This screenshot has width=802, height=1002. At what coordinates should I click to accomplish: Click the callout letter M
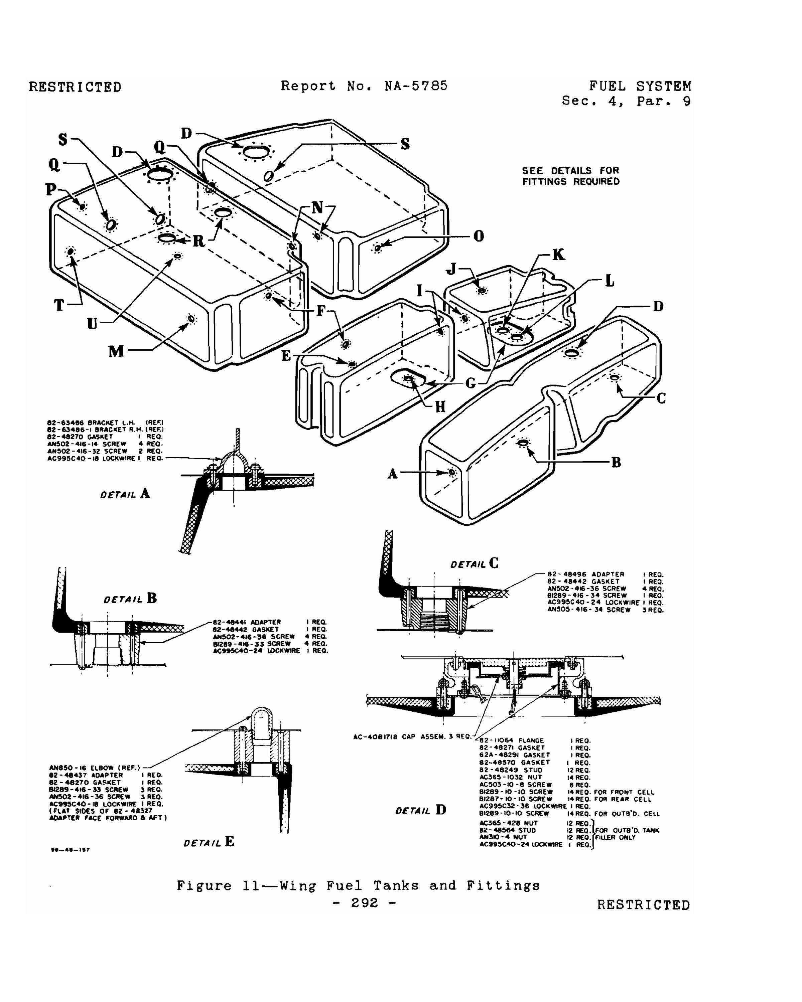click(116, 351)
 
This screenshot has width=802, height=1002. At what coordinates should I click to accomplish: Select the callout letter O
click(479, 236)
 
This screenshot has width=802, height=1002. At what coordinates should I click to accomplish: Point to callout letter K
click(558, 255)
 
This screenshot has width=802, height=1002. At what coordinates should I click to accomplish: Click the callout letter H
click(440, 407)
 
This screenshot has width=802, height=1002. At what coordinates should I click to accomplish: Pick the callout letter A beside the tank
click(393, 474)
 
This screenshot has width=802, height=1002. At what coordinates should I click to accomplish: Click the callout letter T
click(59, 305)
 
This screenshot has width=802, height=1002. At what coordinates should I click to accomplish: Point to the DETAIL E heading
click(209, 842)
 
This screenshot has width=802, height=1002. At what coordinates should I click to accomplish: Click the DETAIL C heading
click(474, 564)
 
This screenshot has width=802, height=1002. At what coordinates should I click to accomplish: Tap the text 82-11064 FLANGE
click(511, 741)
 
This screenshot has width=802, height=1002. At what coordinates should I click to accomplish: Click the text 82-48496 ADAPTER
click(585, 574)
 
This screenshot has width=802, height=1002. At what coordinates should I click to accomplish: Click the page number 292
click(365, 902)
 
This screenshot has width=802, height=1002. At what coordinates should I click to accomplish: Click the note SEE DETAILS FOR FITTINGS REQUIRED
click(570, 176)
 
